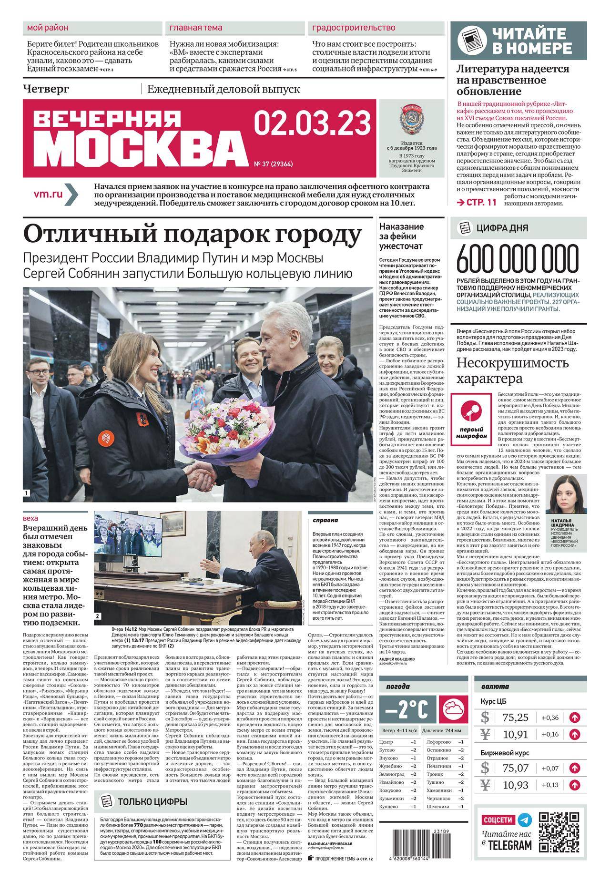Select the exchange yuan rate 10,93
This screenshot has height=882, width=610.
(x=516, y=785)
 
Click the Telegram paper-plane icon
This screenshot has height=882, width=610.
(x=525, y=820)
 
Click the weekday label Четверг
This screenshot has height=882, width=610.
(x=46, y=88)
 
